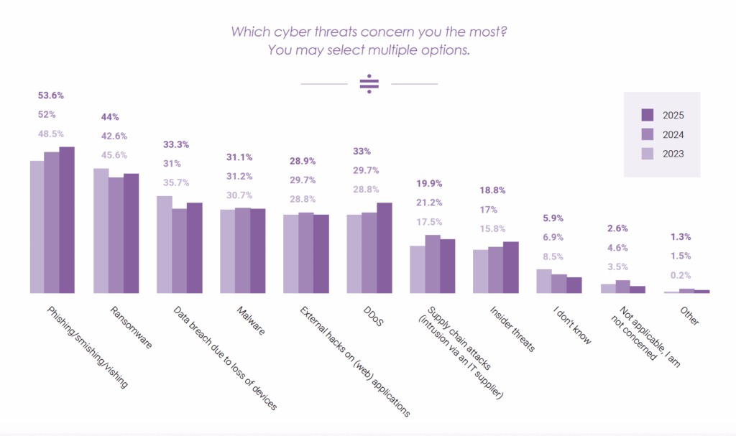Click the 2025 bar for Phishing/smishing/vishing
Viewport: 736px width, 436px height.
(67, 220)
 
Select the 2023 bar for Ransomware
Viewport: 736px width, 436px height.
(101, 231)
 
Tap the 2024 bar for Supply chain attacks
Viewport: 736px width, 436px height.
(432, 264)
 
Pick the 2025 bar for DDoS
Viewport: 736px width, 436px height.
(385, 248)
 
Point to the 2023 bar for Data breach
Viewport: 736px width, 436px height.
(164, 244)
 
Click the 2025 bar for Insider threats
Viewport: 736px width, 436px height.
(511, 267)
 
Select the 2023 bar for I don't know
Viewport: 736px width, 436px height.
(543, 281)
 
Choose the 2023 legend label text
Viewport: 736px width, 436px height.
(673, 154)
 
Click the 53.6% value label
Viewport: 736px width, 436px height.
(51, 95)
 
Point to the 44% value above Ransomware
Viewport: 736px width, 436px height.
(110, 117)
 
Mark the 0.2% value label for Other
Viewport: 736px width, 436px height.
(680, 275)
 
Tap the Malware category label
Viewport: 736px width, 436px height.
(250, 323)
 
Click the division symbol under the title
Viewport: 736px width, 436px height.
(369, 84)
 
